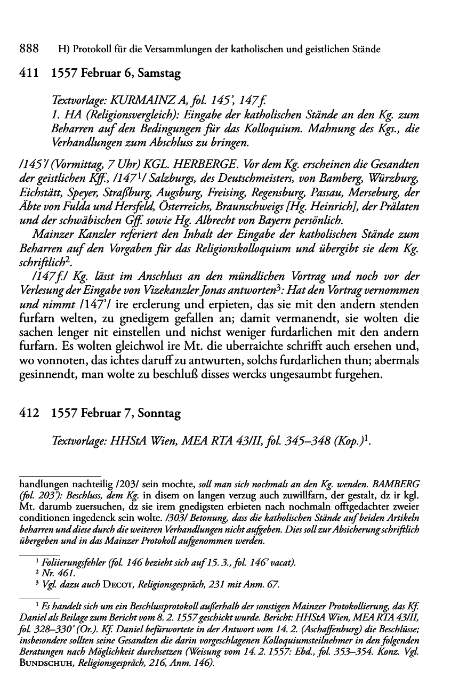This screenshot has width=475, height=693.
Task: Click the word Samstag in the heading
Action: pyautogui.click(x=159, y=74)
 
